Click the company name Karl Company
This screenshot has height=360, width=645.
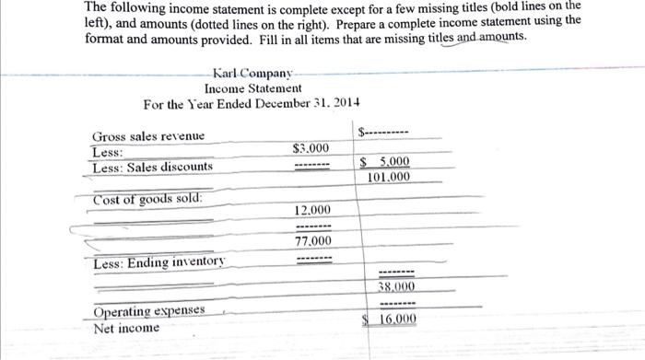[252, 73]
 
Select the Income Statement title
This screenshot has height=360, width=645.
[252, 87]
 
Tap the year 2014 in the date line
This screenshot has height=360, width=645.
[346, 102]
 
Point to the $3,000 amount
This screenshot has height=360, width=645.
[310, 148]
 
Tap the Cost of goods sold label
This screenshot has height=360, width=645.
[148, 200]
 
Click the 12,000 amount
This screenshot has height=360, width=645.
[313, 211]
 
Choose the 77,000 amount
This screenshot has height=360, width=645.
[313, 241]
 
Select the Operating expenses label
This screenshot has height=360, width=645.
[148, 313]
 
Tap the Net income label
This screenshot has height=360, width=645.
[126, 328]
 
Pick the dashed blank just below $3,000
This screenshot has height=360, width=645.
[311, 167]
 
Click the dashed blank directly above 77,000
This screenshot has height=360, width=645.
[313, 226]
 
